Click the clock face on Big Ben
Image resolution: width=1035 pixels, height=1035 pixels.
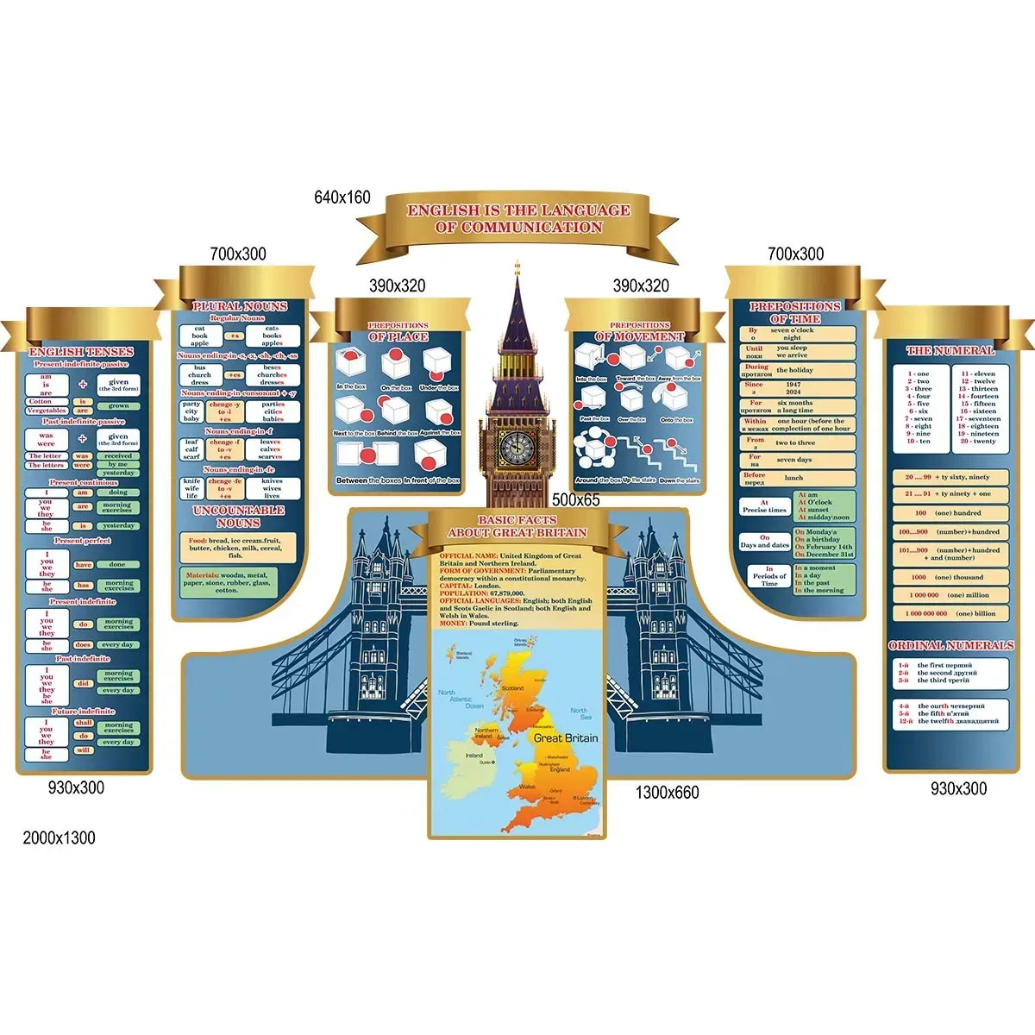click(517, 445)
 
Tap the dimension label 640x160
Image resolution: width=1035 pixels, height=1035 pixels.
click(342, 198)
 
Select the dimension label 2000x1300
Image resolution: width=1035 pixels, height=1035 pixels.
click(59, 837)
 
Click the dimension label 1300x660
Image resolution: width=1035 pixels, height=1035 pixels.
click(667, 792)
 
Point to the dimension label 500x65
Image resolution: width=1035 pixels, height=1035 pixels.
click(575, 499)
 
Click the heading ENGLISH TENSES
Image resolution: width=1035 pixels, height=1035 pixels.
click(81, 352)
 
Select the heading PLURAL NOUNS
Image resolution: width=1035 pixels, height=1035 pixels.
click(239, 306)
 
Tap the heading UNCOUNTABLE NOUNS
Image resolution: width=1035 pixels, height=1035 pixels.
click(238, 516)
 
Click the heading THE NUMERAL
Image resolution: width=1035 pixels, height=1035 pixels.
click(950, 351)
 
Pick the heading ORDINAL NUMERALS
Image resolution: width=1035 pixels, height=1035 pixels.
click(950, 645)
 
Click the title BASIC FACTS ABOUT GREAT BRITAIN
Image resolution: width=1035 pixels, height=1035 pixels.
click(517, 526)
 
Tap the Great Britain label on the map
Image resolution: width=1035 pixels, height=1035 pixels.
click(565, 737)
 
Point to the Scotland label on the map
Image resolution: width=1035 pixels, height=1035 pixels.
click(512, 688)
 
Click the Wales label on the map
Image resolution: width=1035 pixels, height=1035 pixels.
click(527, 787)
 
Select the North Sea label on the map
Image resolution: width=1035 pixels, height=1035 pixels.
click(579, 714)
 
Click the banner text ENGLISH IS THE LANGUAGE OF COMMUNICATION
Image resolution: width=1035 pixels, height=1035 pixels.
click(518, 218)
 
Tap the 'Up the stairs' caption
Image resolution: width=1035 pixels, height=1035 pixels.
click(639, 480)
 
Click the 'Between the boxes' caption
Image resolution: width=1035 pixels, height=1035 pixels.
click(369, 480)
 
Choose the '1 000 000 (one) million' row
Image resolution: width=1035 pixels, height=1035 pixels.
click(949, 595)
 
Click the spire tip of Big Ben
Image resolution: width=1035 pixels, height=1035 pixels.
click(517, 263)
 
